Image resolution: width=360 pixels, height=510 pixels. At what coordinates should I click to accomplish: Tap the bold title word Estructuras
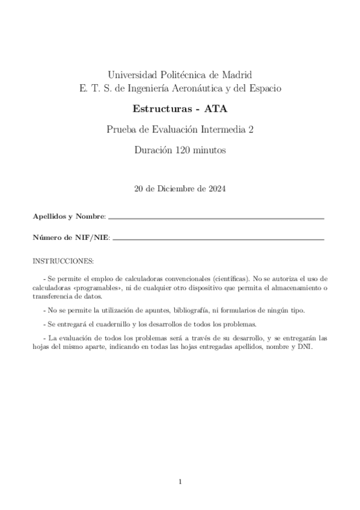pos(159,109)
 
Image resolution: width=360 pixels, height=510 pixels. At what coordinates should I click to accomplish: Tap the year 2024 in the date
pos(215,188)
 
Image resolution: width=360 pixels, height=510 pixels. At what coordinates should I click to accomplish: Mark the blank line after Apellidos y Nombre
pos(216,218)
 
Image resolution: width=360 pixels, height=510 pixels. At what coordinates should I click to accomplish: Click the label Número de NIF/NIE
pos(71,238)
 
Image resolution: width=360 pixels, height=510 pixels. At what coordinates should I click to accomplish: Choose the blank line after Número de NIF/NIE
pos(219,239)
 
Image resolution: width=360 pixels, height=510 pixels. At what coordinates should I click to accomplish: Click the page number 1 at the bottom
pos(180,481)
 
